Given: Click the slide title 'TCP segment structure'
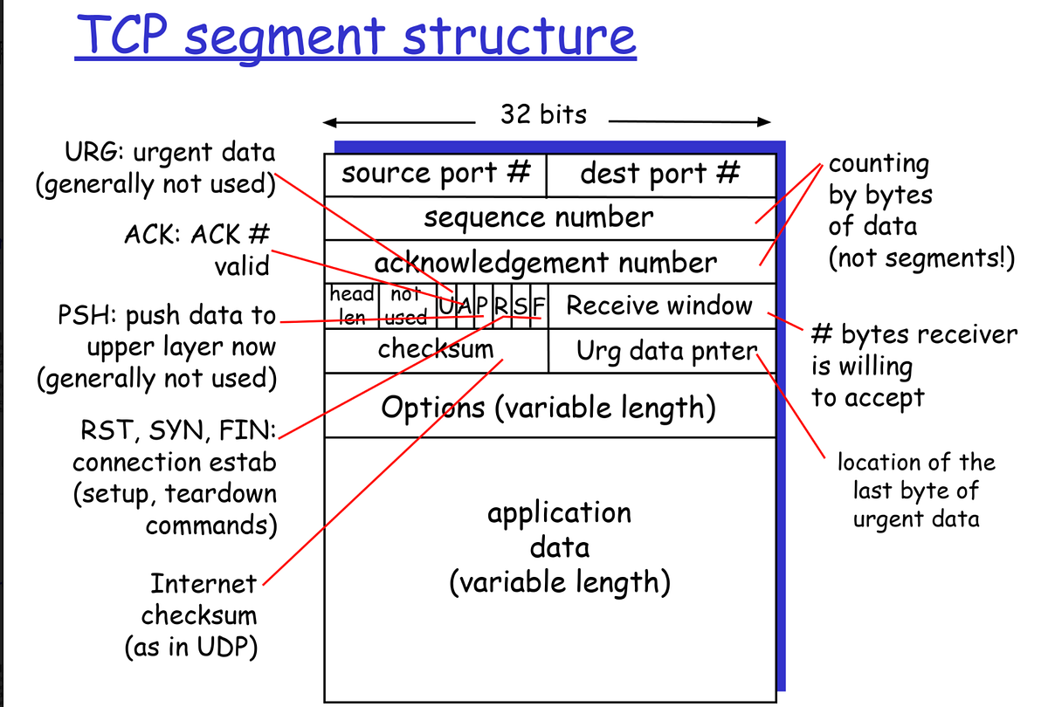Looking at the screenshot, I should [355, 37].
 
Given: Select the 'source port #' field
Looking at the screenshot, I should [436, 173].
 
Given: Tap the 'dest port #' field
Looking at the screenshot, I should [660, 173].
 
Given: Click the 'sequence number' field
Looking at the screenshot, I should [538, 217].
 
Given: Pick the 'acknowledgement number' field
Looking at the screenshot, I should [545, 262].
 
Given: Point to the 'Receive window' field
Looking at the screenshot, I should [659, 305].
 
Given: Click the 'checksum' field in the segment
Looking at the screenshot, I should [435, 350].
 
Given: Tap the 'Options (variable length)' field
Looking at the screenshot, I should [548, 406].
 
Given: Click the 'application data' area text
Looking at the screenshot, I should [560, 546].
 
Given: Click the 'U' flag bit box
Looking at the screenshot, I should [447, 306].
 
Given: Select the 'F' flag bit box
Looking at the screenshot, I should [538, 306].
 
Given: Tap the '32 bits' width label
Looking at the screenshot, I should [543, 113].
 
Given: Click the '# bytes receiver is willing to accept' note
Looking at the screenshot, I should [914, 366].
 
